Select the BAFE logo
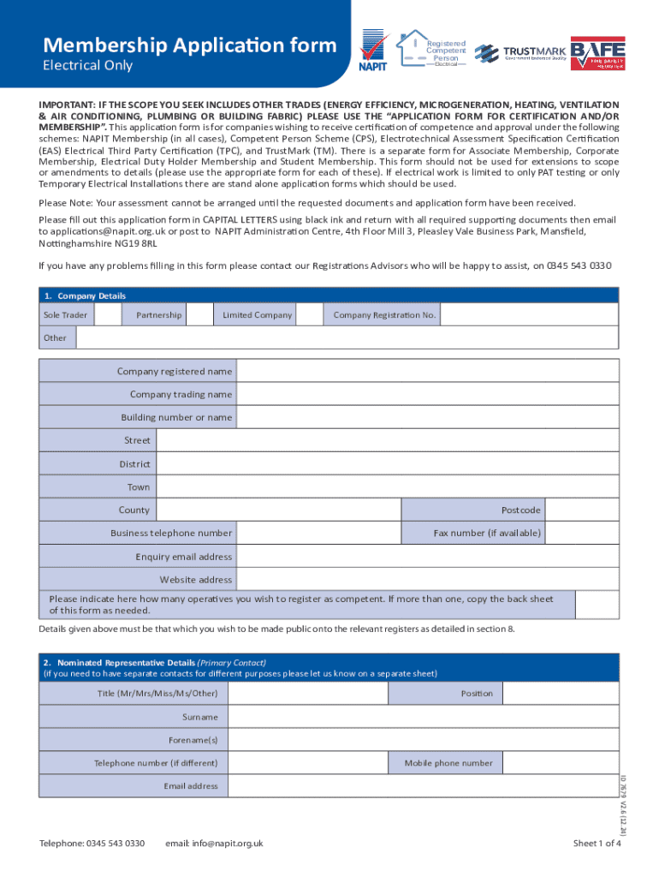click(x=597, y=52)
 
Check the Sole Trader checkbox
click(x=108, y=315)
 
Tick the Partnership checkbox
click(x=199, y=315)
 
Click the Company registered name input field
click(x=427, y=372)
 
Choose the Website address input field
click(x=427, y=580)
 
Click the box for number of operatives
click(x=597, y=605)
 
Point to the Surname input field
click(x=423, y=717)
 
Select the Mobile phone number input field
click(x=561, y=763)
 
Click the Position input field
click(x=561, y=694)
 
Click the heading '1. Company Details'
click(x=85, y=295)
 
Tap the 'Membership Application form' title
click(x=190, y=45)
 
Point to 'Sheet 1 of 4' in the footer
click(x=596, y=844)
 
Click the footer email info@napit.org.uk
click(x=214, y=844)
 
